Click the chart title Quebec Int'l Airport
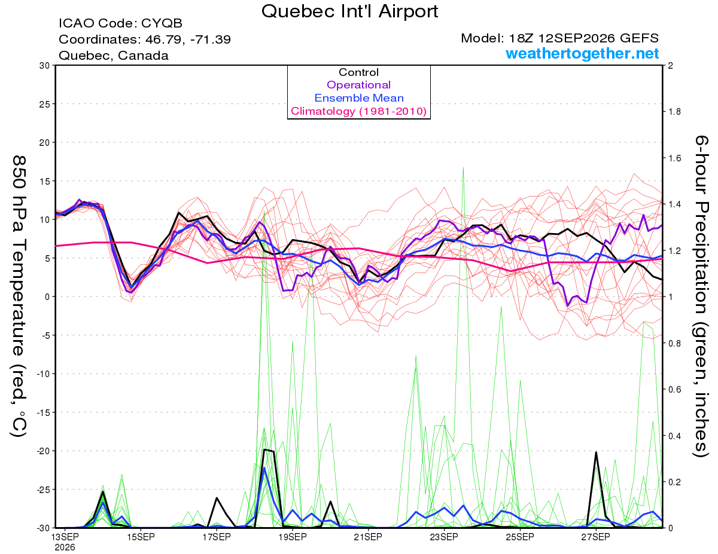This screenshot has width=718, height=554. tap(349, 11)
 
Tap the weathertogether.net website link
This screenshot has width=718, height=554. tap(582, 53)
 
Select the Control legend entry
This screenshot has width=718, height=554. tap(358, 72)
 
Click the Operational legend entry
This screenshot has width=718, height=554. tap(358, 85)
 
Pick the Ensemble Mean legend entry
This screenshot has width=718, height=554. tap(359, 98)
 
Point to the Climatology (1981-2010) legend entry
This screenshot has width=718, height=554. tap(358, 111)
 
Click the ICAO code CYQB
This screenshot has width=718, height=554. tap(162, 23)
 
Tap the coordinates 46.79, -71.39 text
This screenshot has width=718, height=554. tap(188, 39)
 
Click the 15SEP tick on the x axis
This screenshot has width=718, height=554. tap(141, 537)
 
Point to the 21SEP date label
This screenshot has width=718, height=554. tap(368, 537)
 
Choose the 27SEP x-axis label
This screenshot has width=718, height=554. tap(596, 537)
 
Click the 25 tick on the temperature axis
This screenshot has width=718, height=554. tap(45, 104)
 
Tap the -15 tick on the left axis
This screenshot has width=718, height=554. tap(43, 412)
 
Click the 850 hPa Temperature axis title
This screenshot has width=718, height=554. tap(19, 296)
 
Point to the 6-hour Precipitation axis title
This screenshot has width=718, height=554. tap(701, 296)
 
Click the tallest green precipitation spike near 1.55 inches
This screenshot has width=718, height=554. tap(463, 168)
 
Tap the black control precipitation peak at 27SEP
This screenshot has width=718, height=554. tap(596, 452)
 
